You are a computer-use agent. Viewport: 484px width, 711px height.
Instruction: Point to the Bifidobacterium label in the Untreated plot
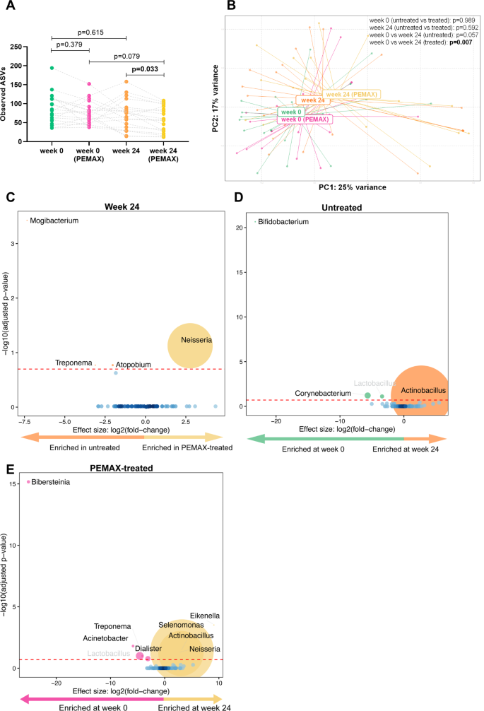point(283,221)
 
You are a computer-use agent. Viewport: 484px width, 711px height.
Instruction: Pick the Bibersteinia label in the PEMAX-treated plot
point(55,482)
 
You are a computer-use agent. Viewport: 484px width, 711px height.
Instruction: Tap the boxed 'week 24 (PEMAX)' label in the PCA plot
point(352,94)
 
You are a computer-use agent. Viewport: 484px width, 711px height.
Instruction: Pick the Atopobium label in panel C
point(134,365)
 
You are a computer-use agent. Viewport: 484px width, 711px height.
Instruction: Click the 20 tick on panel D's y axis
point(240,227)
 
